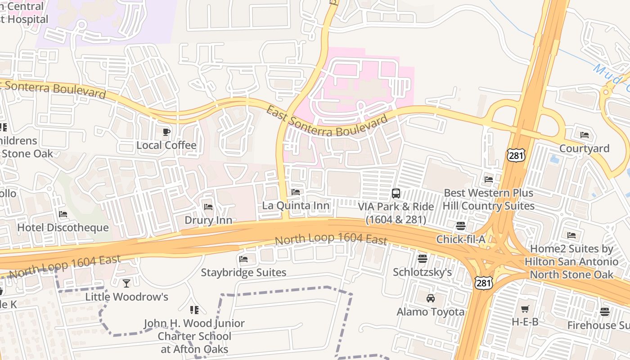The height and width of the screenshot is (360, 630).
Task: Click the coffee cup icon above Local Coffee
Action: (x=166, y=132)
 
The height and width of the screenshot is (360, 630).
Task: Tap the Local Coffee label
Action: (x=166, y=145)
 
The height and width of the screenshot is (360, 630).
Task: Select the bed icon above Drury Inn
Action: (x=208, y=207)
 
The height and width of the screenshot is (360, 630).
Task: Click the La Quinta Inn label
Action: (x=296, y=206)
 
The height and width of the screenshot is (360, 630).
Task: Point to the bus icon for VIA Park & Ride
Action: (x=396, y=193)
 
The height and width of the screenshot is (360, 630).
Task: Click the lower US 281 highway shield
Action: (x=484, y=283)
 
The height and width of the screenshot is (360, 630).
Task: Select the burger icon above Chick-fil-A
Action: (x=461, y=226)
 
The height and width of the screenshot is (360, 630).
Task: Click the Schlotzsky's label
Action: (x=422, y=272)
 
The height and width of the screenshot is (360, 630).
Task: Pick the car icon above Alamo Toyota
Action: (x=431, y=298)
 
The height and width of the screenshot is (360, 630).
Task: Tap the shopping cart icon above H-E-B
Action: (x=525, y=309)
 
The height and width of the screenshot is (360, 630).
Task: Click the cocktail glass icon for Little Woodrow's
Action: (x=126, y=283)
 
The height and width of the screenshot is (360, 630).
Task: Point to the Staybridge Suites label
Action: (x=243, y=272)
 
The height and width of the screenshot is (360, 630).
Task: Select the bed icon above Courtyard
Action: (x=585, y=135)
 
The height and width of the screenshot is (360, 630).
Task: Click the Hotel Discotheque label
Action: (x=63, y=227)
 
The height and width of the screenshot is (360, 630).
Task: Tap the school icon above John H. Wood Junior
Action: (x=194, y=310)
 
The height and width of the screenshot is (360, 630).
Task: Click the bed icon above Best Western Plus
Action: (x=489, y=180)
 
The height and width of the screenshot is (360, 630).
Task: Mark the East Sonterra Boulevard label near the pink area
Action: (x=326, y=121)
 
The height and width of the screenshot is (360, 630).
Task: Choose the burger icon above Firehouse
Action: (x=605, y=311)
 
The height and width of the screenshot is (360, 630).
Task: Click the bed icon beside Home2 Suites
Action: (x=571, y=235)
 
